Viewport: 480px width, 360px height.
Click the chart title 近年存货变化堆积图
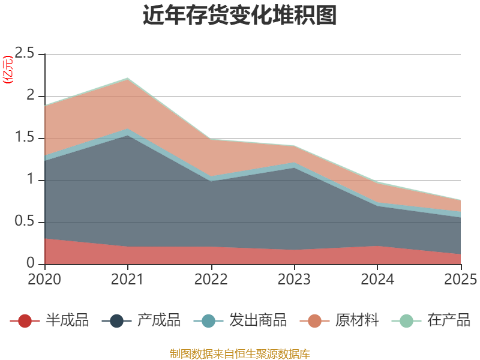coord(239,14)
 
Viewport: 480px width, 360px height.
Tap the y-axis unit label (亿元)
coord(8,70)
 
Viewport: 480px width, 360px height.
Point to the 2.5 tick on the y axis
coord(25,53)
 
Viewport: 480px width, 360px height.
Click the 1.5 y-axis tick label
coord(25,137)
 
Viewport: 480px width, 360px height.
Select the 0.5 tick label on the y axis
coord(25,221)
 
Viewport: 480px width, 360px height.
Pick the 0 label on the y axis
coord(31,263)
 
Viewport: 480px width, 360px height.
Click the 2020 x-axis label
coord(44,279)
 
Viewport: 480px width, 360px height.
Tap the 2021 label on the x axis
coord(127,279)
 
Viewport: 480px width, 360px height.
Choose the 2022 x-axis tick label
coord(211,279)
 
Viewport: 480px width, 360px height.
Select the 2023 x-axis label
coord(294,279)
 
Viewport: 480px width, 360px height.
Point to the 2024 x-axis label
coord(377,279)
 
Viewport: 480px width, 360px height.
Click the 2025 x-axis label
coord(461,279)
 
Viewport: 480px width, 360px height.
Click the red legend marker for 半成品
coord(25,321)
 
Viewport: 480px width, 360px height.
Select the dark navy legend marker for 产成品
coord(116,321)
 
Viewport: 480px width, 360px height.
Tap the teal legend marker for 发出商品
coord(208,321)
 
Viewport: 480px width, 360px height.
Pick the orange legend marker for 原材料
coord(314,321)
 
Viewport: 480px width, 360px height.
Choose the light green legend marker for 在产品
coord(407,321)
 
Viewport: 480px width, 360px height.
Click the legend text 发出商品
coord(258,320)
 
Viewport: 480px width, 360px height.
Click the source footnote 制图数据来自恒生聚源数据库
coord(239,354)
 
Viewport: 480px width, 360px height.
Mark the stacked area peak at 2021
coord(128,79)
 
